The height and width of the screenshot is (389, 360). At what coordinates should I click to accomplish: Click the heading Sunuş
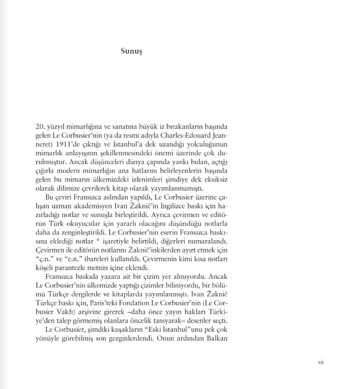point(131,52)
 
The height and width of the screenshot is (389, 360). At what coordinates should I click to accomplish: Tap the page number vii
point(321,362)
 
